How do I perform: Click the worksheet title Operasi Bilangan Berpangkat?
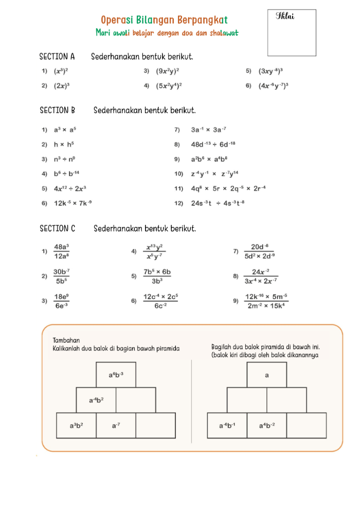164,20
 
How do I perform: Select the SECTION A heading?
57,56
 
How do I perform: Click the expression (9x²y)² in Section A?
168,71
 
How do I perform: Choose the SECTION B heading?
58,110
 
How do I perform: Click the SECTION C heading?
58,228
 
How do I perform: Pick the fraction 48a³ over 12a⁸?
62,251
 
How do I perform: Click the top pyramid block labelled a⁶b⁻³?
116,375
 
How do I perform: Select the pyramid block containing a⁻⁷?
116,425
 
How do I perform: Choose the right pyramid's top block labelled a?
267,375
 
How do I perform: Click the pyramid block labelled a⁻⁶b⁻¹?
227,425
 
